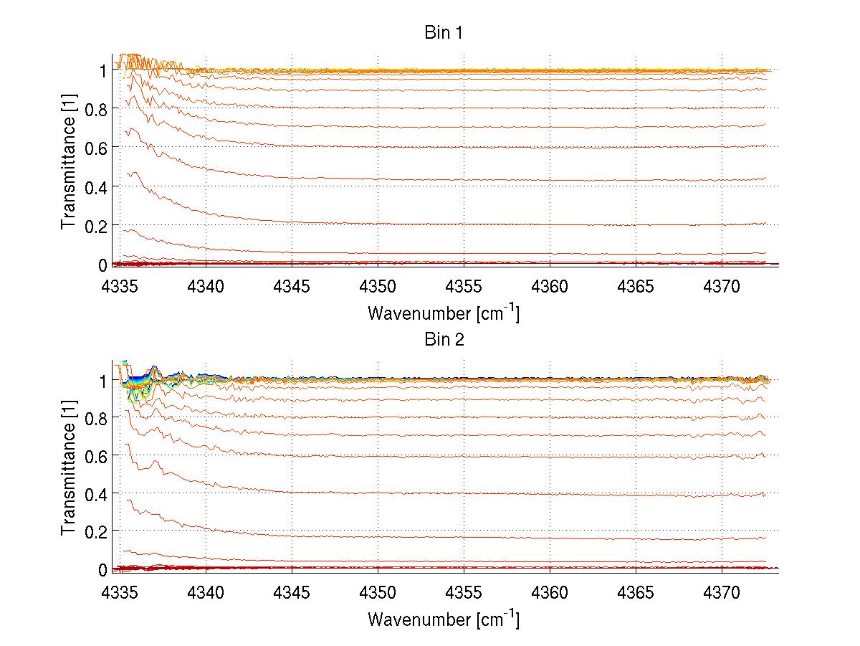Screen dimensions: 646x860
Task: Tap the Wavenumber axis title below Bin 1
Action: [444, 313]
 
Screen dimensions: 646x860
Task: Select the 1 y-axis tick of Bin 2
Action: [102, 380]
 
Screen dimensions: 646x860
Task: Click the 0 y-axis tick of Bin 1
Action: [102, 265]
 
